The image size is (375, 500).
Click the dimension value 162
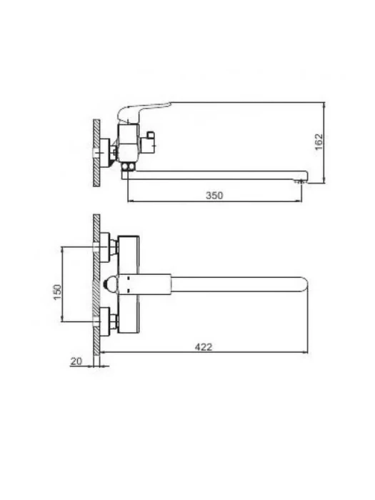[x=319, y=142]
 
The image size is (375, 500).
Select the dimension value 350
[x=214, y=195]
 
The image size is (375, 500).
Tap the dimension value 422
[x=204, y=346]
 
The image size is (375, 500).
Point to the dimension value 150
[x=57, y=291]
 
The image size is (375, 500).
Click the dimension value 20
[x=76, y=361]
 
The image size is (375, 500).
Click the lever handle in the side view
[x=144, y=110]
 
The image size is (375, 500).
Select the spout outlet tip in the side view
[x=302, y=181]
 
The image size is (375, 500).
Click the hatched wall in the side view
[x=96, y=153]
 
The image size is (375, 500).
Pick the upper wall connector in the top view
[x=109, y=247]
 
